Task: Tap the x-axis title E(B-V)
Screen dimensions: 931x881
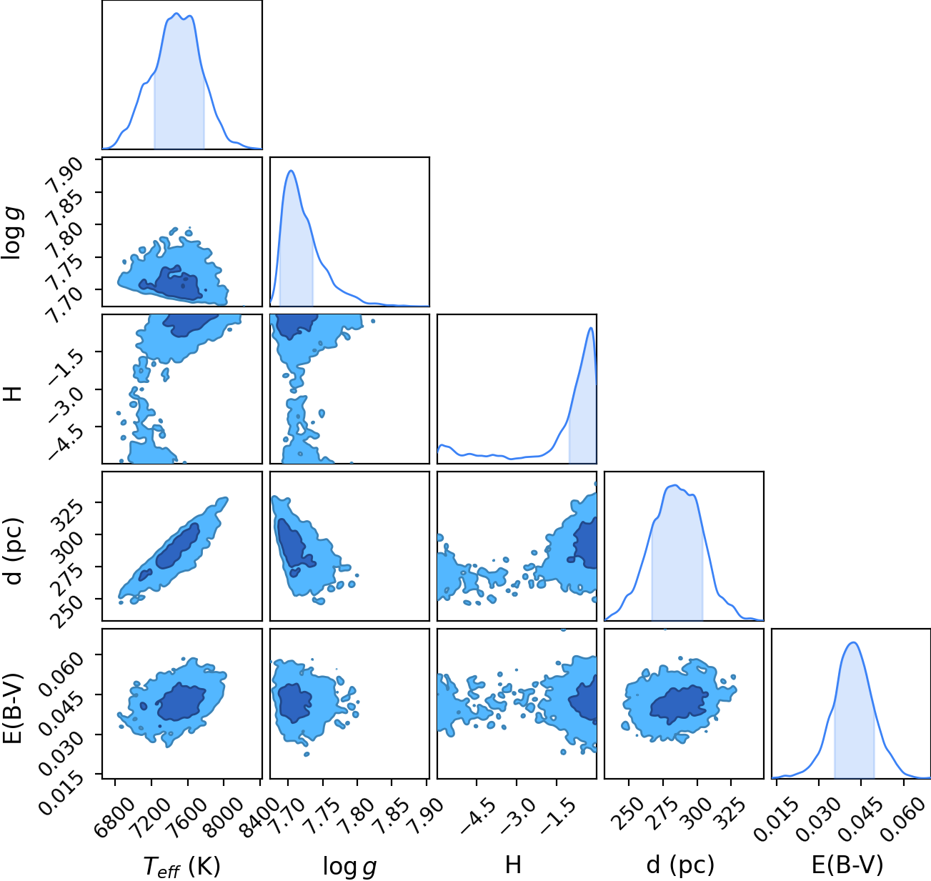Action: click(x=847, y=865)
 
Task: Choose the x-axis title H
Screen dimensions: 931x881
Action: click(x=513, y=864)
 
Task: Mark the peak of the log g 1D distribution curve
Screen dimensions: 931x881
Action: click(x=292, y=171)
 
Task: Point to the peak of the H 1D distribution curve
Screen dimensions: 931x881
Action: click(x=590, y=328)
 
